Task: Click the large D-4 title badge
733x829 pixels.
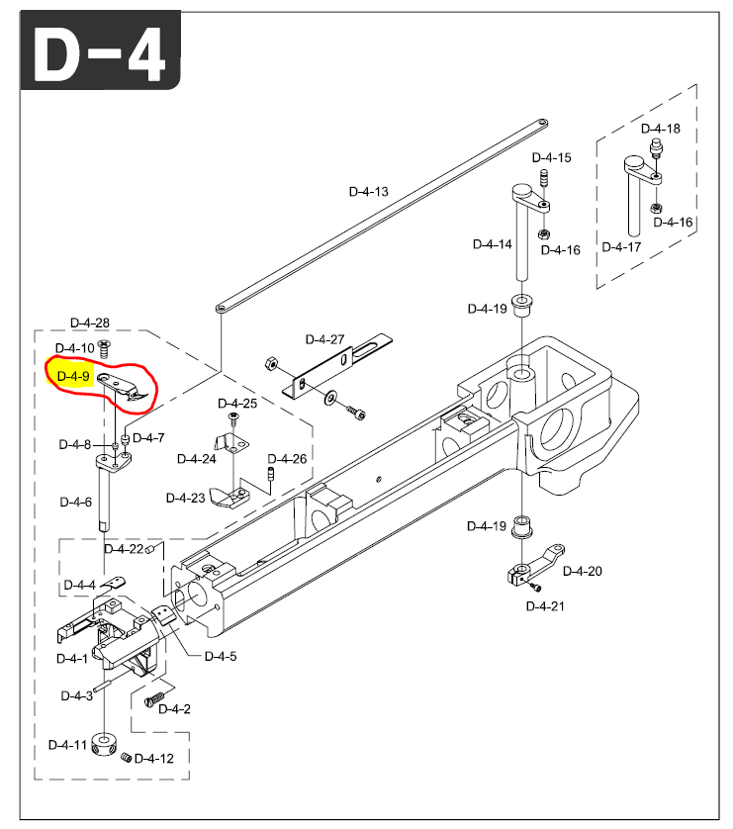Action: point(101,50)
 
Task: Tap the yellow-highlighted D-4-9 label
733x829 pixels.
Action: point(73,377)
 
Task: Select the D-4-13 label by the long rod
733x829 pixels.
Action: point(368,191)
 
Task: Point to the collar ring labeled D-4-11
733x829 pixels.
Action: point(104,744)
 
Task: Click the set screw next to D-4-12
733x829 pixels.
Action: point(126,758)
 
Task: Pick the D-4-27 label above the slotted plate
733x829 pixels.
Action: point(324,339)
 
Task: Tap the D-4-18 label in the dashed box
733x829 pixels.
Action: point(660,129)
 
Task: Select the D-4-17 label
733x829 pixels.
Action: point(621,247)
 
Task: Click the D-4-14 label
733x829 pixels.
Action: point(492,244)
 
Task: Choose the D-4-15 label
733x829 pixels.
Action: point(551,157)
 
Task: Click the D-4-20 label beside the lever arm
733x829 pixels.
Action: point(583,571)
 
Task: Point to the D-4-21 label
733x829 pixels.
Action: point(545,606)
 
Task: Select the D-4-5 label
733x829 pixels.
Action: point(221,656)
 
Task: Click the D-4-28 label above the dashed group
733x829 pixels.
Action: point(90,322)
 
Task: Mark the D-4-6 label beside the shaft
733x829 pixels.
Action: point(75,502)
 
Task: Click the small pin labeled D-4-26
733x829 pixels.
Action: point(272,473)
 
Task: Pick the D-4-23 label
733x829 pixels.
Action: point(186,498)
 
